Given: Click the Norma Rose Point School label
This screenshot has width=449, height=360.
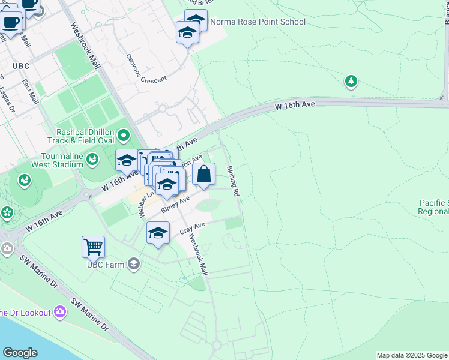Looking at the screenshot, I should click(x=258, y=22).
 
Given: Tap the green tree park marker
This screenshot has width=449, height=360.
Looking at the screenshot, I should click(x=351, y=81).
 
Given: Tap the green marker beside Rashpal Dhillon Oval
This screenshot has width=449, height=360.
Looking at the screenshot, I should click(x=124, y=136).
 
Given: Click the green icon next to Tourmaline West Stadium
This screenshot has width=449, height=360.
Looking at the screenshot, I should click(x=92, y=159).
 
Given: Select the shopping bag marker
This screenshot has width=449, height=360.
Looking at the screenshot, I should click(x=204, y=175).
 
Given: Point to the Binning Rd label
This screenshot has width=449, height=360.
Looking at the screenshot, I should click(x=234, y=182).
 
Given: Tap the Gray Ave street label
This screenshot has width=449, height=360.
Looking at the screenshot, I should click(x=192, y=228).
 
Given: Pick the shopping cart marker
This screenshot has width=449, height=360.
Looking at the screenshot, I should click(x=93, y=247).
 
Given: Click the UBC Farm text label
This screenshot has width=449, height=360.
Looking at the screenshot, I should click(x=106, y=264).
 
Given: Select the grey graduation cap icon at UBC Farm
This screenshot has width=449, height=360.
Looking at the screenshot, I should click(x=134, y=263).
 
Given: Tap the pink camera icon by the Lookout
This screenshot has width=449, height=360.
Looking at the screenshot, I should click(x=59, y=311).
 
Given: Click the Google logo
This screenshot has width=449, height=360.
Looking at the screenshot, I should click(x=20, y=353).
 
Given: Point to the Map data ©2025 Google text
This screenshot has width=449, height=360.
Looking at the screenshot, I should click(x=412, y=355).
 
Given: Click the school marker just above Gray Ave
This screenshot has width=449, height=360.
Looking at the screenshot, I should click(x=158, y=234).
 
